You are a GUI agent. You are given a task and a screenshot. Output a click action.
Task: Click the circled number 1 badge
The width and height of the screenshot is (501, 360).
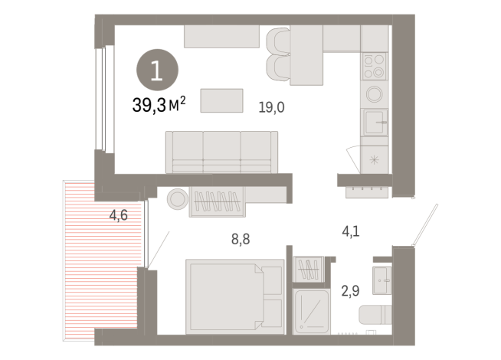156,71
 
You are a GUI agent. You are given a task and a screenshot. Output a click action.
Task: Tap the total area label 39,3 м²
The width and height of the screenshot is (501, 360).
159,106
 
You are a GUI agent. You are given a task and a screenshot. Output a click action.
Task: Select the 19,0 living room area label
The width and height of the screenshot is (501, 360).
272,107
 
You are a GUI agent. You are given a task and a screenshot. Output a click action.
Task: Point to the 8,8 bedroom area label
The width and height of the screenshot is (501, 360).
241,239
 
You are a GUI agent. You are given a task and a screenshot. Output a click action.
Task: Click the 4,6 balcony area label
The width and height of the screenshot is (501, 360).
118,215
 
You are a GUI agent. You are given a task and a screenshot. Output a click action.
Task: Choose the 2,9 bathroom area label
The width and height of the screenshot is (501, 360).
350,290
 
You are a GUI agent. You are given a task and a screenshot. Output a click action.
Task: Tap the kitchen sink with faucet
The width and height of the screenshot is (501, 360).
375,121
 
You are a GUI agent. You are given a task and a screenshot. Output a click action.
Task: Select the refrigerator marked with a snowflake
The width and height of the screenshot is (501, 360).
375,159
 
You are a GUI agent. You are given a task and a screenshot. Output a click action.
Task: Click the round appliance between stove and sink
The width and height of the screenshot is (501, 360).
375,94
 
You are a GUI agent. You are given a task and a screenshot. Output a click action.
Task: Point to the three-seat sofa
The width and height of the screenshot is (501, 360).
222,152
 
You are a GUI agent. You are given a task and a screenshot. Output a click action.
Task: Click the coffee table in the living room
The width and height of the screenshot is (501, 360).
221,100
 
